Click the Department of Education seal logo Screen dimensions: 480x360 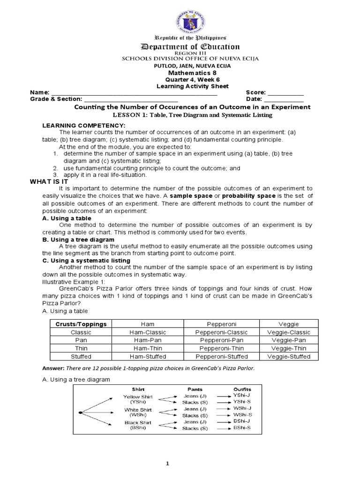pyautogui.click(x=180, y=17)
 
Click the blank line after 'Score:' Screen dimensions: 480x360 pyautogui.click(x=285, y=93)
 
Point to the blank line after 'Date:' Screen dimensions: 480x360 pyautogui.click(x=284, y=99)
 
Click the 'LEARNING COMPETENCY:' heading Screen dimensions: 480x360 pyautogui.click(x=84, y=126)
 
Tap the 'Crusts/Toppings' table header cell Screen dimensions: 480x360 pyautogui.click(x=81, y=324)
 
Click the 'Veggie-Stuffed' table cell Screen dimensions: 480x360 pyautogui.click(x=288, y=356)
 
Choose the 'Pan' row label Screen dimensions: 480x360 pyautogui.click(x=81, y=340)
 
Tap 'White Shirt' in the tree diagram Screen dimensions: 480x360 pyautogui.click(x=138, y=409)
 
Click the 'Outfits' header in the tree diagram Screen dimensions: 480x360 pyautogui.click(x=242, y=389)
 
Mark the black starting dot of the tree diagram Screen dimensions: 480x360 pyautogui.click(x=81, y=412)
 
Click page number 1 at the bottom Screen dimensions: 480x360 pyautogui.click(x=180, y=464)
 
